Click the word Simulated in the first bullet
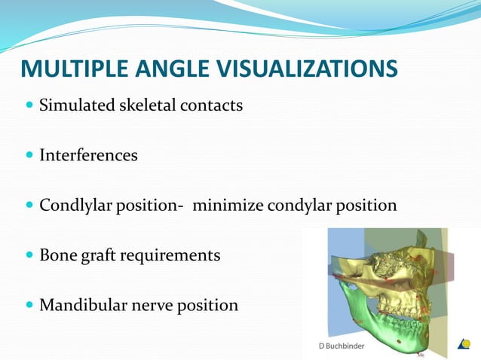76,105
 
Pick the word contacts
212,105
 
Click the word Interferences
88,156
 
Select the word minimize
225,206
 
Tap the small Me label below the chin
421,352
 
